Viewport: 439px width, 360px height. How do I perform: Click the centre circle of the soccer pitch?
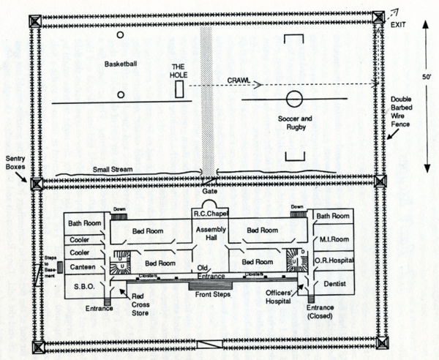coord(294,99)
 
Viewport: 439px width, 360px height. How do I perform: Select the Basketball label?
coord(121,63)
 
